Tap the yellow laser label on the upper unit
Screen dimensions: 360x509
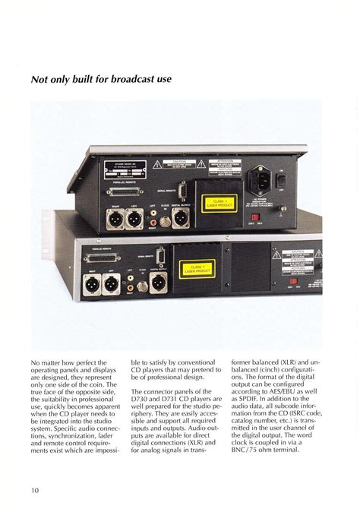point(219,202)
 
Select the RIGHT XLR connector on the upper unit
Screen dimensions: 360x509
point(115,220)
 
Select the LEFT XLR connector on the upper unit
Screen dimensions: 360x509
point(134,220)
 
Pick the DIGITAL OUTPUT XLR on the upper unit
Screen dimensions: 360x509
point(182,219)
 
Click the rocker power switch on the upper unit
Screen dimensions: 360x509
point(281,180)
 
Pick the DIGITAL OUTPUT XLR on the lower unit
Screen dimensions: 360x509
point(158,284)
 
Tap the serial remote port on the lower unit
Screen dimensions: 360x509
point(160,257)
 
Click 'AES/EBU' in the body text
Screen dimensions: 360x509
point(282,406)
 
